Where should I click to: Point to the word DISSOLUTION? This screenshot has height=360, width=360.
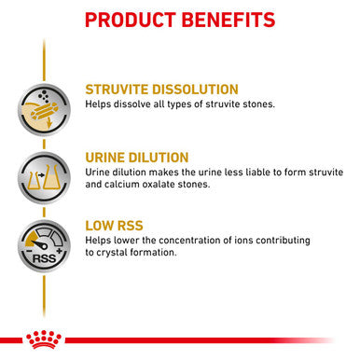tap(220, 89)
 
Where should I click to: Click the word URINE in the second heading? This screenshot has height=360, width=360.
tap(109, 158)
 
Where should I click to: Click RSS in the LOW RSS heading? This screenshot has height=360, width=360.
tap(140, 227)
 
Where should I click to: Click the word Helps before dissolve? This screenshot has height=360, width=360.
tap(100, 104)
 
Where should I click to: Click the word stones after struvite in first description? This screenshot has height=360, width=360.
tap(255, 104)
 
